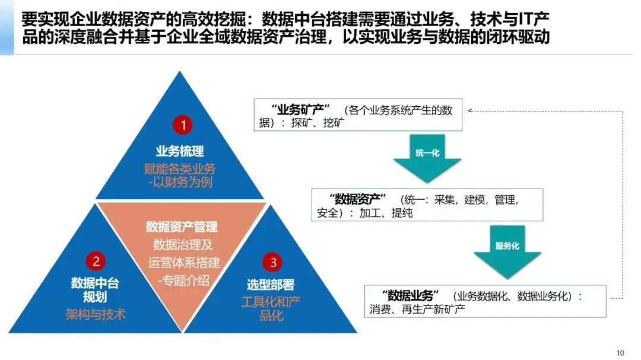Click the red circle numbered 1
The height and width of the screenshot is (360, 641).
click(x=183, y=125)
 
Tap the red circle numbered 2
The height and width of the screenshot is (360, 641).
click(x=95, y=261)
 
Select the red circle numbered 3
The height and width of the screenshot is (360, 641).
click(x=272, y=262)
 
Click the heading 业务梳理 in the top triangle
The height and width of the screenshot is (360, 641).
click(x=180, y=151)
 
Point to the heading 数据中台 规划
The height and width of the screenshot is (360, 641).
click(x=95, y=289)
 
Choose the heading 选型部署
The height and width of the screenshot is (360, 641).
click(x=271, y=285)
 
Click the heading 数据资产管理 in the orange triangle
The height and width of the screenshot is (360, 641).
click(x=182, y=227)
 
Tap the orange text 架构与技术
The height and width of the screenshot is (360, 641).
click(x=96, y=314)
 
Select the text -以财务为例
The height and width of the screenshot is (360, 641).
click(x=180, y=181)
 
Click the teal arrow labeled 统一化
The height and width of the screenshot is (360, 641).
click(x=427, y=158)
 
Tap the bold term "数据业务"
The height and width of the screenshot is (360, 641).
click(x=410, y=295)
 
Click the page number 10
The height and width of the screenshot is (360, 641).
click(x=620, y=353)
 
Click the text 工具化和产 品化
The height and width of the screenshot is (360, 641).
click(x=271, y=308)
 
